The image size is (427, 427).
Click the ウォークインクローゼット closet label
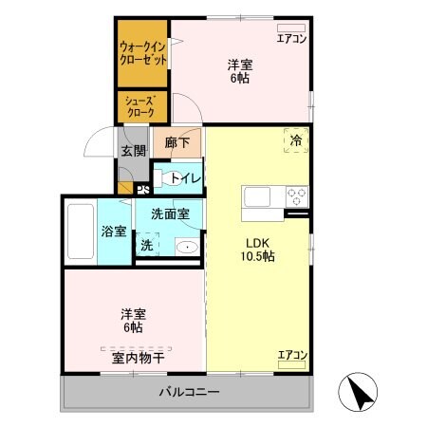click(x=143, y=52)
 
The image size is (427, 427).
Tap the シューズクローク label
click(x=142, y=105)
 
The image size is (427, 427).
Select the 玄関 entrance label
click(x=132, y=149)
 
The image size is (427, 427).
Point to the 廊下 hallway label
click(x=176, y=143)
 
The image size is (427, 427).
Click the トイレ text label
click(x=185, y=177)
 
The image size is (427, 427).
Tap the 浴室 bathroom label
click(x=114, y=231)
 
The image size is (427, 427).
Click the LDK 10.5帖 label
click(x=255, y=250)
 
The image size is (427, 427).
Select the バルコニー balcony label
click(x=189, y=391)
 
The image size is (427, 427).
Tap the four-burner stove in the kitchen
click(x=297, y=197)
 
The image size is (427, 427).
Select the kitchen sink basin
click(x=257, y=197)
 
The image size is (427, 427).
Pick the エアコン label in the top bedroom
click(x=291, y=38)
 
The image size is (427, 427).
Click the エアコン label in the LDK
click(x=291, y=356)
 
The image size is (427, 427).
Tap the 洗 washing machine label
click(x=147, y=245)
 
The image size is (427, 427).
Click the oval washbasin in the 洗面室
click(x=187, y=248)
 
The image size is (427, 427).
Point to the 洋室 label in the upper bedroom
click(x=239, y=65)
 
